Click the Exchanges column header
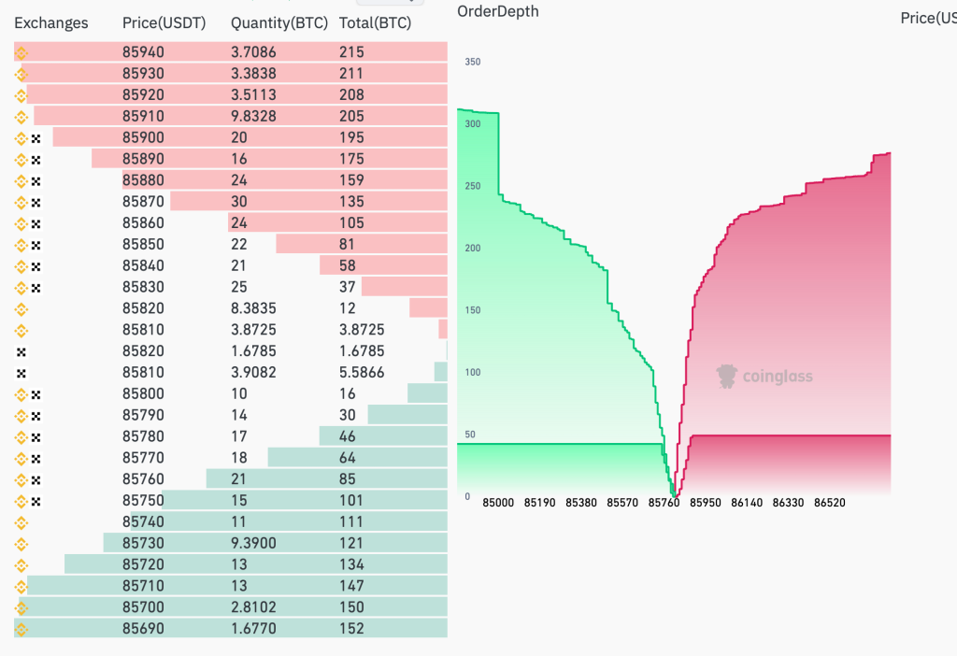click(51, 23)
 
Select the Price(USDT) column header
click(164, 23)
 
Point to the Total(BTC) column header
click(375, 23)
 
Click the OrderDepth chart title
click(498, 11)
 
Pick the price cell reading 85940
click(143, 52)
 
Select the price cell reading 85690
click(143, 629)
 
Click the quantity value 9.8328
click(253, 116)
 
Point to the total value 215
click(351, 52)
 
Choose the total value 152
click(351, 629)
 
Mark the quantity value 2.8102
click(253, 607)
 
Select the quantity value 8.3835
click(253, 308)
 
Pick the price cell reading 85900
click(143, 137)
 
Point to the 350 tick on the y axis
click(472, 63)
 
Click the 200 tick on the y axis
click(472, 248)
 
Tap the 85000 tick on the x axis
click(498, 503)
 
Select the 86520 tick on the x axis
click(829, 503)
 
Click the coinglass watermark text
click(777, 377)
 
